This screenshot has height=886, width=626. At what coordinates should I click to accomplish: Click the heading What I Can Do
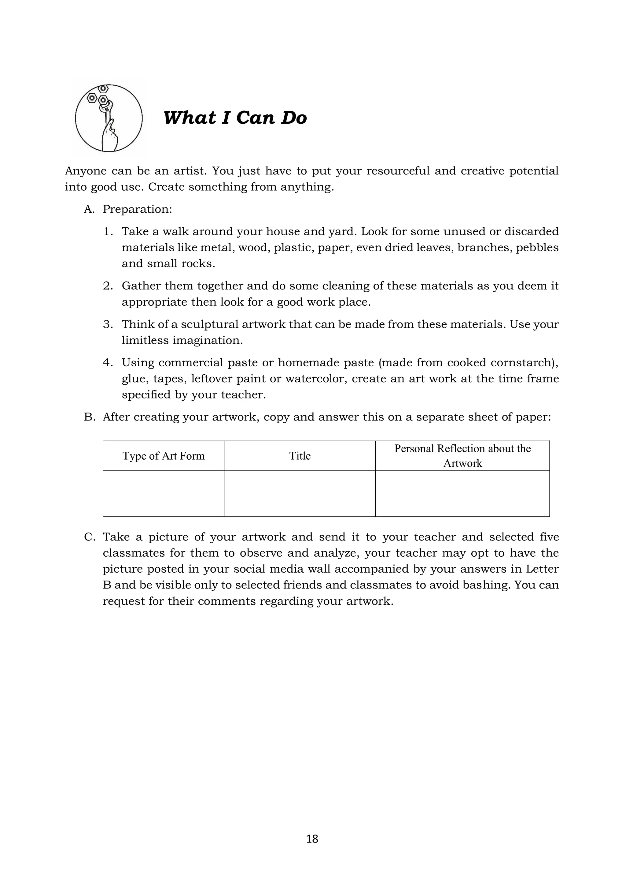pyautogui.click(x=235, y=118)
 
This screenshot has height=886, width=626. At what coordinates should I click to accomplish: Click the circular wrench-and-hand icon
pyautogui.click(x=109, y=118)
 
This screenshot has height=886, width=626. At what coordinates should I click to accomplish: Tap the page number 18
pyautogui.click(x=312, y=839)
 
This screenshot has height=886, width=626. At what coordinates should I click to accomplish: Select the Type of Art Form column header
pyautogui.click(x=164, y=456)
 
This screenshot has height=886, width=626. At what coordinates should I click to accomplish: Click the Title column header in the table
pyautogui.click(x=300, y=456)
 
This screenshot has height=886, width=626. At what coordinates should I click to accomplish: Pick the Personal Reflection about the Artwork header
pyautogui.click(x=462, y=456)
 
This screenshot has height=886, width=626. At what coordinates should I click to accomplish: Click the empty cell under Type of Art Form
pyautogui.click(x=164, y=494)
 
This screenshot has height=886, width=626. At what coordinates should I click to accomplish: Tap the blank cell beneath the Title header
pyautogui.click(x=300, y=494)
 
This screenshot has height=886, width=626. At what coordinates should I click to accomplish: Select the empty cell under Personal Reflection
pyautogui.click(x=462, y=494)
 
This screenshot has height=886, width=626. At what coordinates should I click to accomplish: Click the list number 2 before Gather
pyautogui.click(x=108, y=286)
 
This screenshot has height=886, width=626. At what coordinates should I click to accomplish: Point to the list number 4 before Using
pyautogui.click(x=108, y=363)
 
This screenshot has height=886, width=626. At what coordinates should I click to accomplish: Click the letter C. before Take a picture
pyautogui.click(x=90, y=537)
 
